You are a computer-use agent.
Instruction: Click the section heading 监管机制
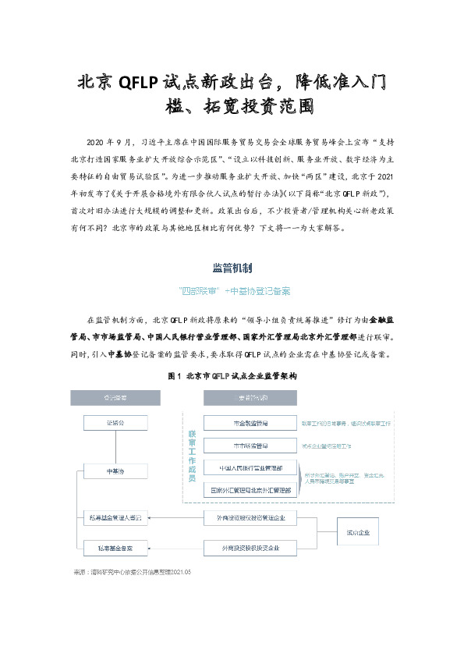pyautogui.click(x=232, y=268)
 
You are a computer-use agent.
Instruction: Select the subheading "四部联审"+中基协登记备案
pyautogui.click(x=232, y=291)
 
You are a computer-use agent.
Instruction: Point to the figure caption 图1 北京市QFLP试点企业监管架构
pyautogui.click(x=232, y=376)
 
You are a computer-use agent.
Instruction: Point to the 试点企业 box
pyautogui.click(x=352, y=533)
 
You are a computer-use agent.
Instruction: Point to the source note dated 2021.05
pyautogui.click(x=132, y=572)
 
